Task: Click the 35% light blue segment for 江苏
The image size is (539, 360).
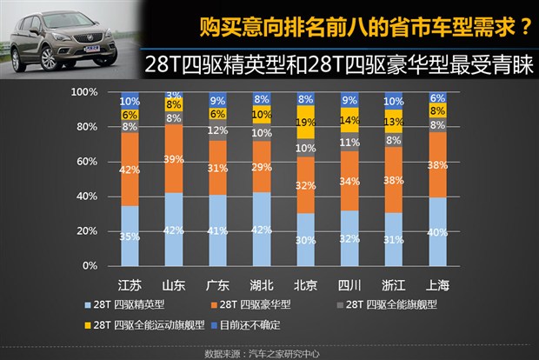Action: pos(130,236)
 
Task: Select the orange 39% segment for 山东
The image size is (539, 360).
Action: pos(174,158)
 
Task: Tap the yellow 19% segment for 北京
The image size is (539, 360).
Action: pos(306,123)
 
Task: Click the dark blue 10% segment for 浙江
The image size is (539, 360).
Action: pos(394,101)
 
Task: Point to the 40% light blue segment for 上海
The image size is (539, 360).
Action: pos(438,231)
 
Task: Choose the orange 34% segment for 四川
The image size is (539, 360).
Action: pos(349,181)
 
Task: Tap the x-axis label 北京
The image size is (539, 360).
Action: pos(306,284)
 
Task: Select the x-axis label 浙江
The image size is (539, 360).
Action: pos(394,284)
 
